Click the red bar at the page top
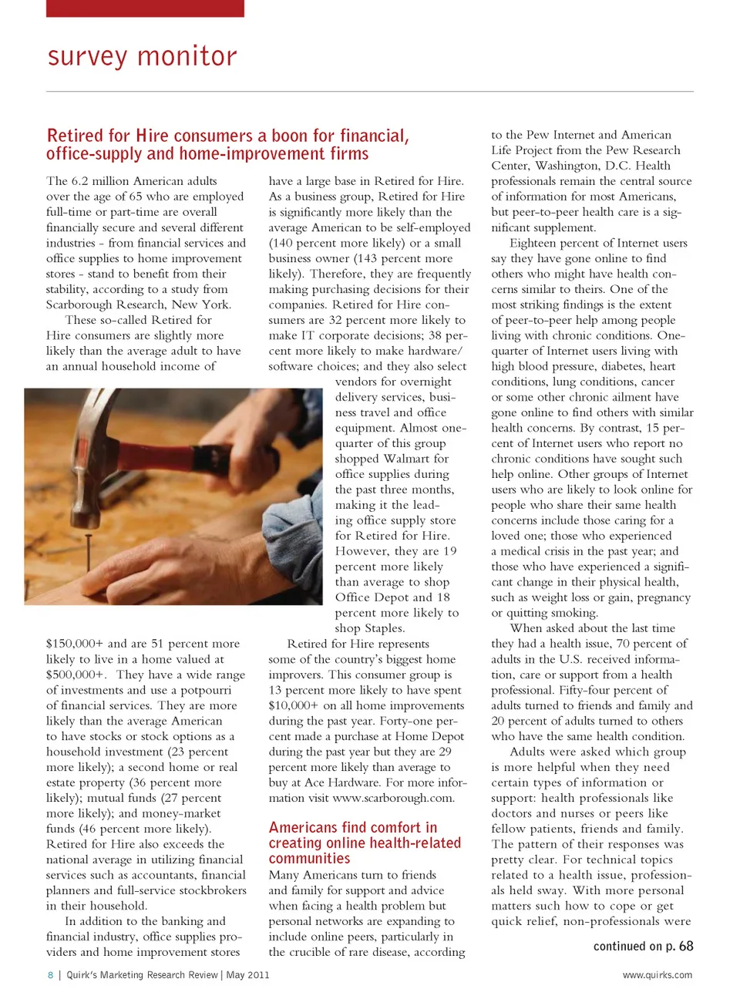coord(145,8)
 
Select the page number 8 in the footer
coord(51,975)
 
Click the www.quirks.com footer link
coord(657,975)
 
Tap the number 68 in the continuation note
coord(685,946)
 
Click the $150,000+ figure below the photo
coord(75,644)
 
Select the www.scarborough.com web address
coord(393,798)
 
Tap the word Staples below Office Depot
coord(383,628)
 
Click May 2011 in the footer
coord(247,975)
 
